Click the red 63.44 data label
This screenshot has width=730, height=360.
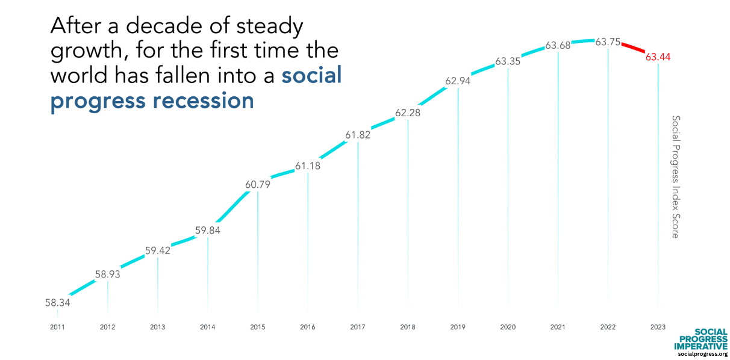click(x=658, y=58)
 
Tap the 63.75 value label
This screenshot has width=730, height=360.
click(x=608, y=42)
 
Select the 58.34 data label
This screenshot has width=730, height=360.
click(x=58, y=303)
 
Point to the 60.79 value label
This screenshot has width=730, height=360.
click(x=258, y=185)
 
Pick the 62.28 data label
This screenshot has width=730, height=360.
click(x=408, y=113)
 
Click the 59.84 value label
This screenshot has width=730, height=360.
click(x=208, y=230)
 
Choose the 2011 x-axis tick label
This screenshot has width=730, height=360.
click(x=58, y=327)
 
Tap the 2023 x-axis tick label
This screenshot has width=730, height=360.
click(x=658, y=327)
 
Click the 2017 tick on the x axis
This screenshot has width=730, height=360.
click(x=358, y=327)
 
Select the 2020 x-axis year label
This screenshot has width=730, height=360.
click(x=508, y=327)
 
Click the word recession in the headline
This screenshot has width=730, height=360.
click(x=203, y=101)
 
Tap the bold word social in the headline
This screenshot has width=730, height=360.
click(x=311, y=75)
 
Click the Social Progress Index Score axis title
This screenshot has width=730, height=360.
click(x=675, y=176)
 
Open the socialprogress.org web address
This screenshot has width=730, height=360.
click(x=703, y=355)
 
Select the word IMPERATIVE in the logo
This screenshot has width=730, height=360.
click(x=700, y=346)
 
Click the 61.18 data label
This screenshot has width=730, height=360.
click(x=308, y=166)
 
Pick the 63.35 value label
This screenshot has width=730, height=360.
click(x=508, y=61)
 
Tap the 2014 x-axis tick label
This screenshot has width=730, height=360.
click(x=208, y=327)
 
